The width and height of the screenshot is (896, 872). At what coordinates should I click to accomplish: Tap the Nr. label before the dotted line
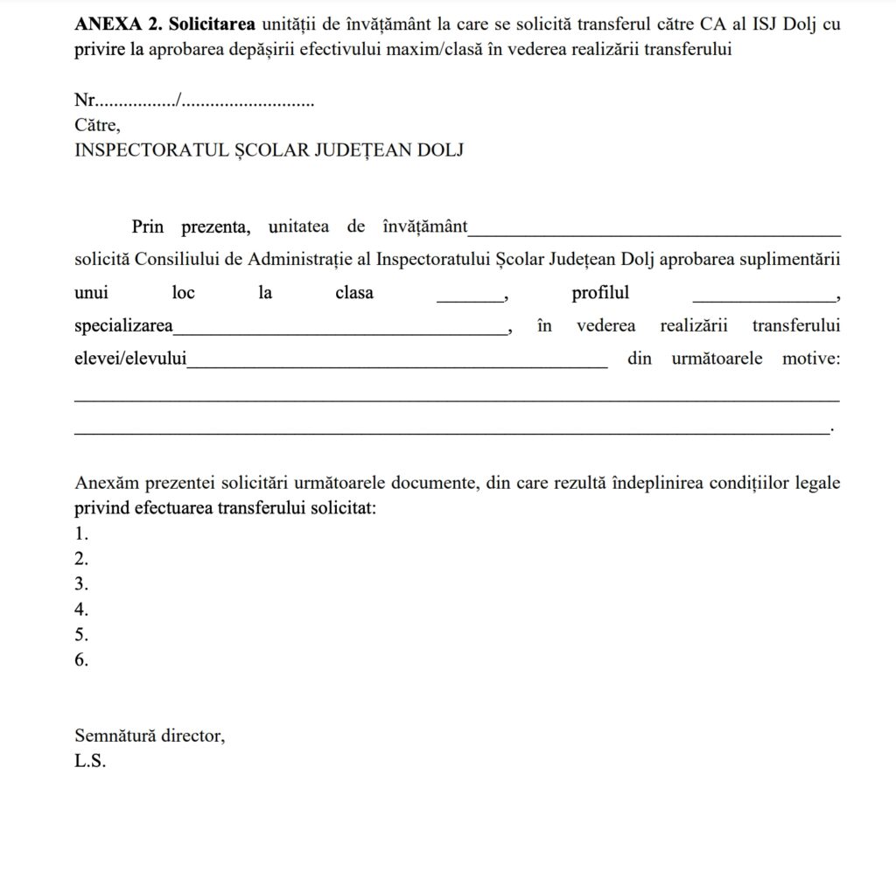pyautogui.click(x=84, y=101)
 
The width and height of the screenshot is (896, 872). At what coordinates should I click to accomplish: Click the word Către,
pyautogui.click(x=98, y=125)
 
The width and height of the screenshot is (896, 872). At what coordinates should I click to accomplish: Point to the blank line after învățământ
pyautogui.click(x=654, y=233)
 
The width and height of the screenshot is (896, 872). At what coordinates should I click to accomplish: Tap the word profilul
pyautogui.click(x=600, y=293)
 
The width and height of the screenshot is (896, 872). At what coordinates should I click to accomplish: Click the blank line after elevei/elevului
pyautogui.click(x=397, y=365)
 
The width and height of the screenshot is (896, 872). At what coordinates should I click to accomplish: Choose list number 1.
pyautogui.click(x=81, y=534)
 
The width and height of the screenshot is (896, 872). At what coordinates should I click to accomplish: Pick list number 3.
pyautogui.click(x=81, y=584)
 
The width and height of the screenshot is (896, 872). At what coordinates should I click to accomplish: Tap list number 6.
pyautogui.click(x=81, y=660)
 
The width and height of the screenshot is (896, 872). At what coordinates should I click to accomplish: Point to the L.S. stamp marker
pyautogui.click(x=90, y=762)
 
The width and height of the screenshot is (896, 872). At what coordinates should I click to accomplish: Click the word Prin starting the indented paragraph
pyautogui.click(x=148, y=227)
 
